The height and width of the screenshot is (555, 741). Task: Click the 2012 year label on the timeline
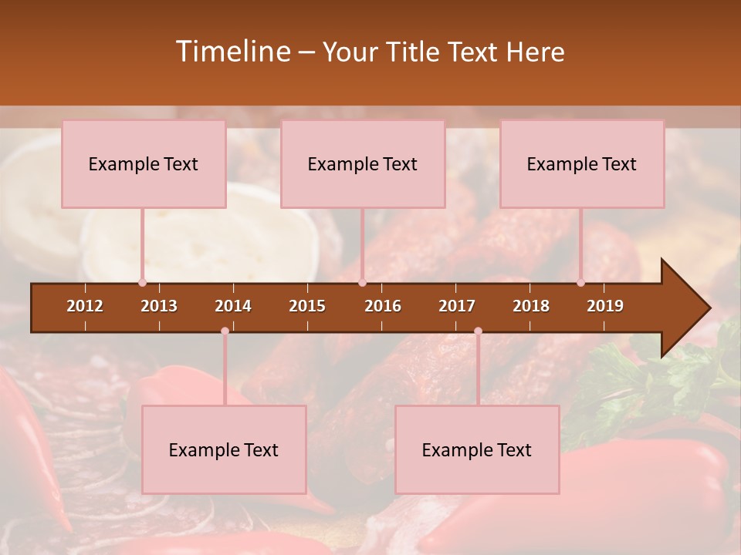(x=85, y=306)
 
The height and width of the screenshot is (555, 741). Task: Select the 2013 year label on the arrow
(x=159, y=306)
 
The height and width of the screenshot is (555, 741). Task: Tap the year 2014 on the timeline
(x=233, y=306)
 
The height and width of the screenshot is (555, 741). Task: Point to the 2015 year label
(x=307, y=306)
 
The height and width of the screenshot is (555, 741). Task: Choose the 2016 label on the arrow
(x=383, y=306)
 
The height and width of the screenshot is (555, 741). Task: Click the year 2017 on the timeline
(x=457, y=306)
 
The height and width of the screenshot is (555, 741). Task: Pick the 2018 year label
(x=531, y=306)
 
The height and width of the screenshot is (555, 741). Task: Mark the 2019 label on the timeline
(x=605, y=306)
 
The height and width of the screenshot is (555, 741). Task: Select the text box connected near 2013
(x=144, y=163)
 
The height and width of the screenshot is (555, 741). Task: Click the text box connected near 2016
(x=363, y=163)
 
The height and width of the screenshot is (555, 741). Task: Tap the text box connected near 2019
(x=582, y=163)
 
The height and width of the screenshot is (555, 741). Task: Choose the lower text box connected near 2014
(x=224, y=449)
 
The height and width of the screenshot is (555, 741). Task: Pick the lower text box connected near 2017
(x=477, y=449)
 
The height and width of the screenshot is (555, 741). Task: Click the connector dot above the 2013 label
(x=142, y=283)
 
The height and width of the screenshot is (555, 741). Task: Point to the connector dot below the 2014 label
(x=225, y=331)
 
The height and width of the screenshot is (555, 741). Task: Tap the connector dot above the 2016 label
(x=362, y=283)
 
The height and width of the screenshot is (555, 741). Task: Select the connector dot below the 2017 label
(x=478, y=331)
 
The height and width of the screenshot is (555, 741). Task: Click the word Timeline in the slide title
(x=232, y=52)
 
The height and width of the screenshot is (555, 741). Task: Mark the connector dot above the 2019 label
(x=581, y=283)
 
